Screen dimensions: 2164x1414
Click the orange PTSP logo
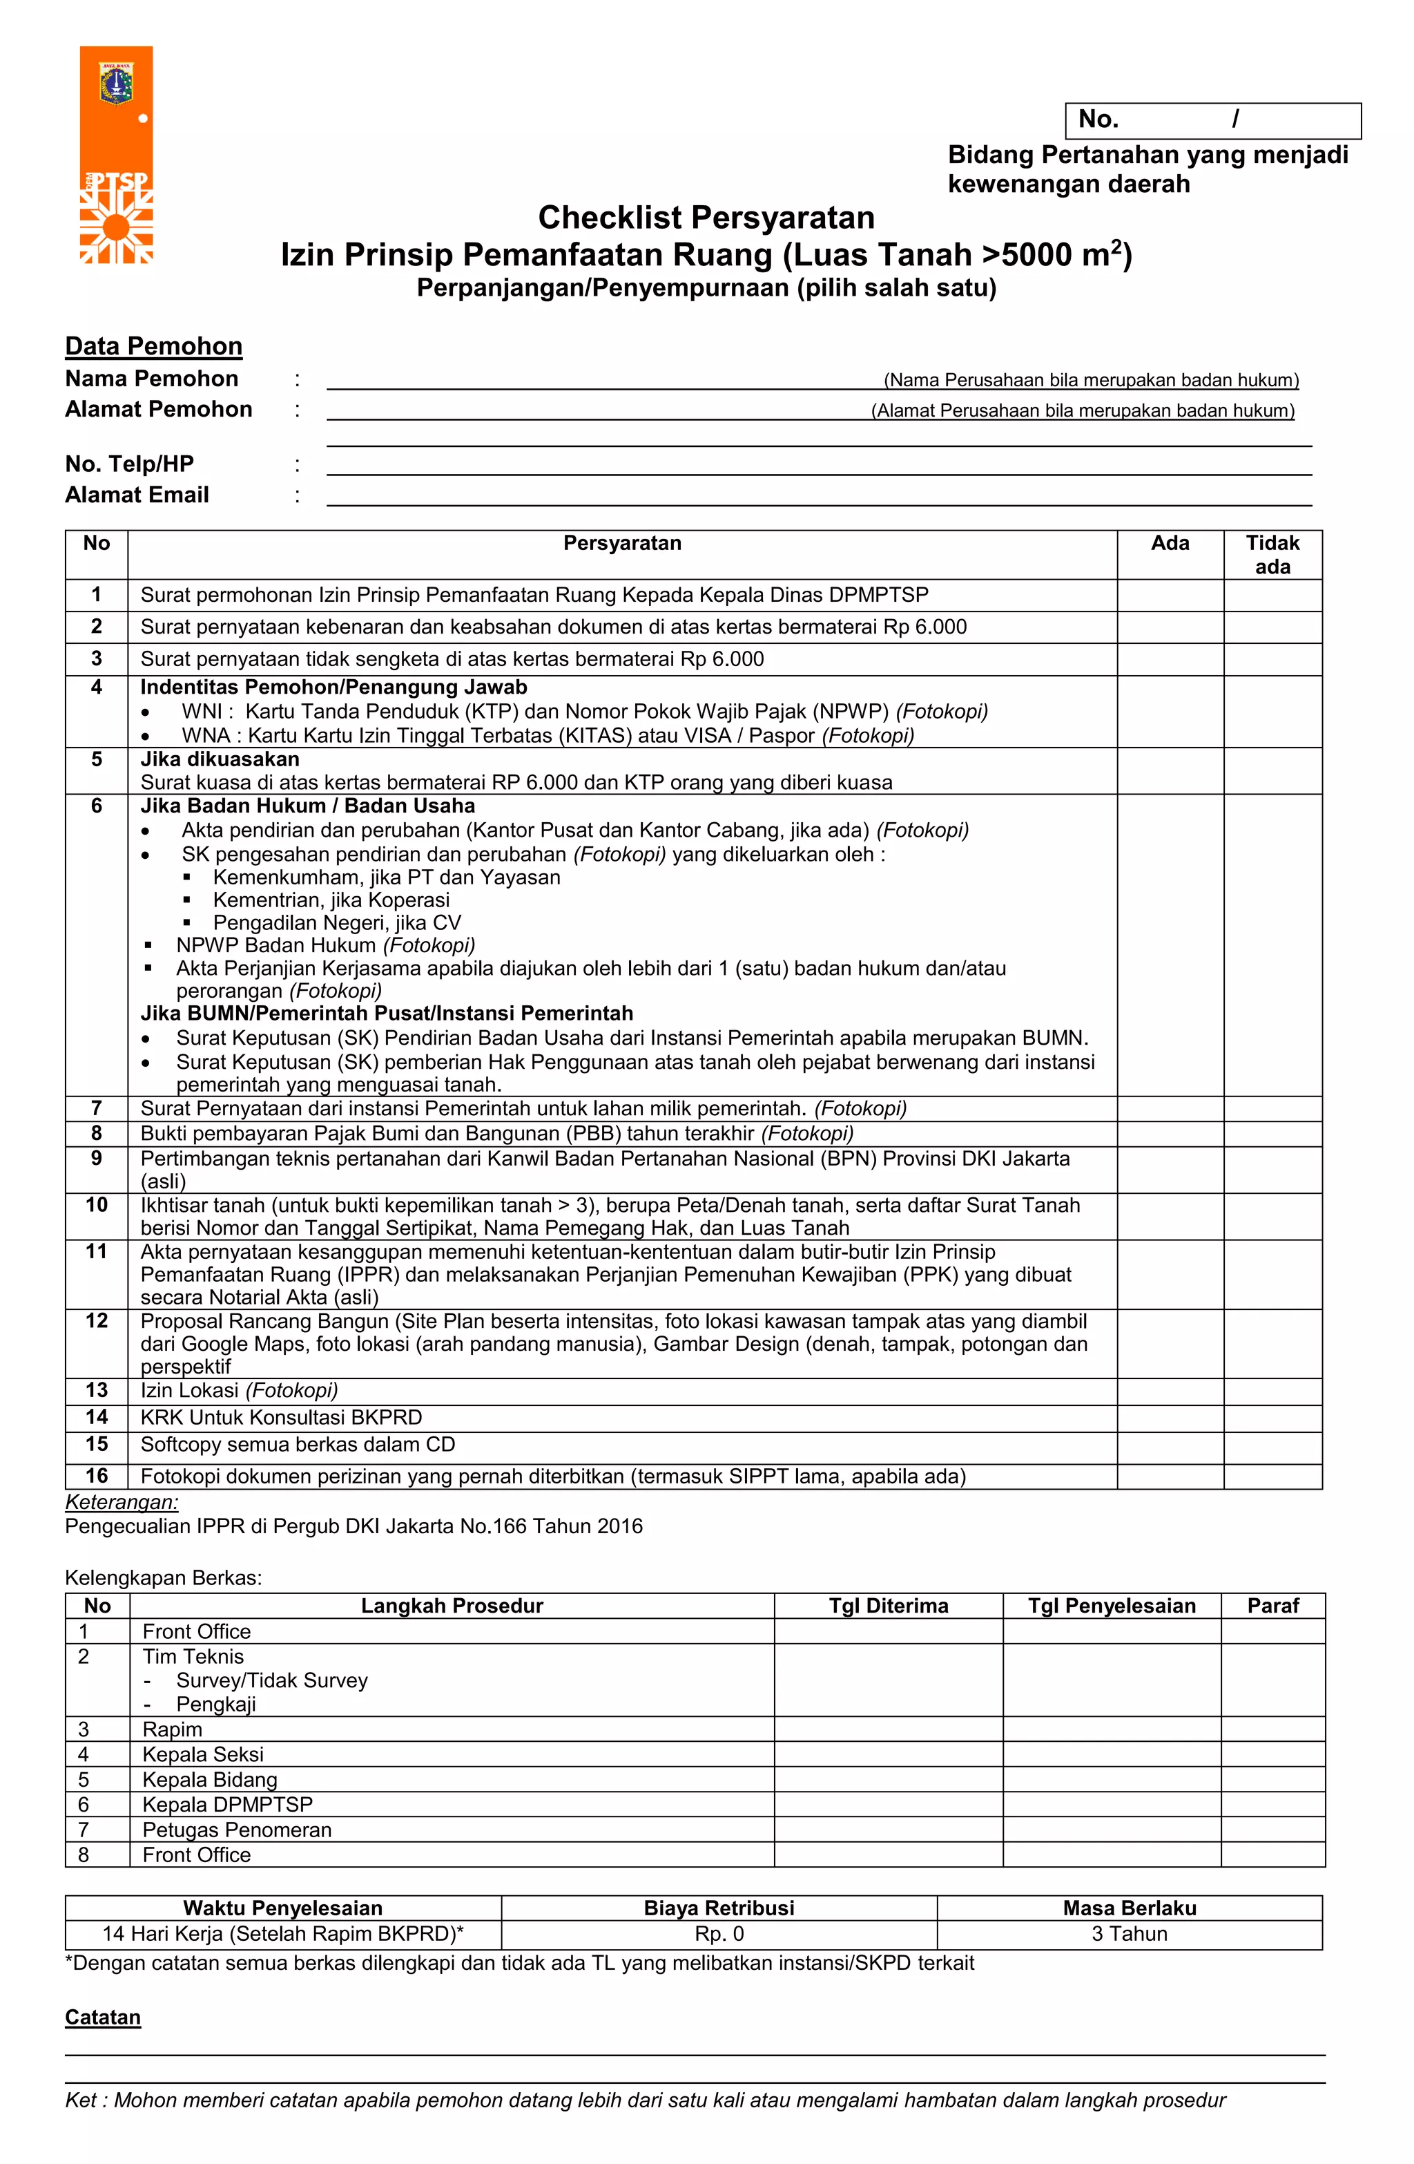pos(116,155)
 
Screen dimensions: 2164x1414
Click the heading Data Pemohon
pos(153,346)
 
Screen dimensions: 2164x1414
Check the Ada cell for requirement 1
pos(1170,596)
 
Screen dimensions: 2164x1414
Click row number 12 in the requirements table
pos(97,1321)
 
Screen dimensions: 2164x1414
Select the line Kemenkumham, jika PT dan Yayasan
pos(386,877)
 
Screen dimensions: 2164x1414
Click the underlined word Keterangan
pos(122,1502)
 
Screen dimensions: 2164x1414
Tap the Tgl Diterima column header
pos(888,1606)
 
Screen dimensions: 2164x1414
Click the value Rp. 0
pos(718,1934)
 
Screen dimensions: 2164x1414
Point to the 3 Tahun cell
pos(1129,1934)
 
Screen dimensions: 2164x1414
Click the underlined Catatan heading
pos(103,2018)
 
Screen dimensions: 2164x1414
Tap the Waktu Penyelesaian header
pos(282,1908)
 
